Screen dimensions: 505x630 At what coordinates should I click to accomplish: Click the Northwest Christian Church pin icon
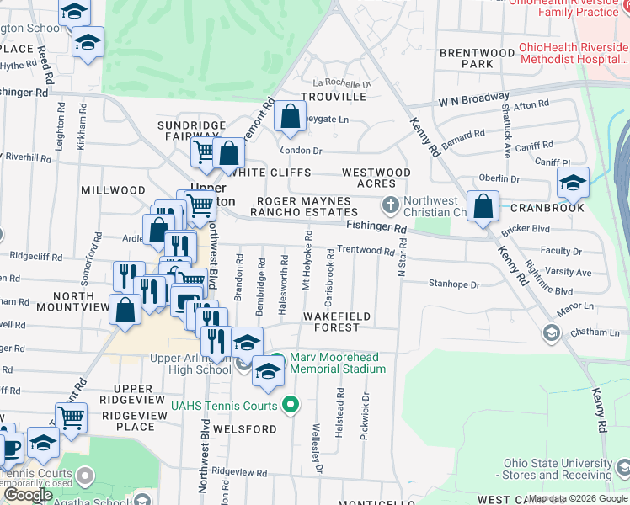(x=390, y=204)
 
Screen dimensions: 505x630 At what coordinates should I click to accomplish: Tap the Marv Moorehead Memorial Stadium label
(x=338, y=364)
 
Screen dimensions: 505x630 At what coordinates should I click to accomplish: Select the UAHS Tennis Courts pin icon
(x=291, y=406)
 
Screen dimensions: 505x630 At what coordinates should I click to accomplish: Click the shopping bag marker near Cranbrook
(x=483, y=207)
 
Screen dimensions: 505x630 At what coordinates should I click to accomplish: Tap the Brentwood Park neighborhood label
(x=477, y=58)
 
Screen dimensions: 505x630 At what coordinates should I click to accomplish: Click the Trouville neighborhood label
(x=339, y=97)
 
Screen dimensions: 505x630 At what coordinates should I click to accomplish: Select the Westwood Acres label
(x=376, y=178)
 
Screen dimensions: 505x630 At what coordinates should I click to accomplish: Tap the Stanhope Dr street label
(x=454, y=284)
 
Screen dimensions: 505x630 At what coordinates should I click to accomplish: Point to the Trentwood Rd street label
(x=366, y=251)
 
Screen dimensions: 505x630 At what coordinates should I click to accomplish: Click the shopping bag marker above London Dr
(x=290, y=117)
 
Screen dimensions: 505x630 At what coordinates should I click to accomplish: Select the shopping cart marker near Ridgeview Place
(x=72, y=416)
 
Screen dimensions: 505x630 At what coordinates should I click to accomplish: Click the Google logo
(x=28, y=495)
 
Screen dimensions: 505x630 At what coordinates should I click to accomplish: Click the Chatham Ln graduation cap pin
(x=551, y=333)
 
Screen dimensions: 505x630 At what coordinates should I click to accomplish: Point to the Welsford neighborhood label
(x=245, y=429)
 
